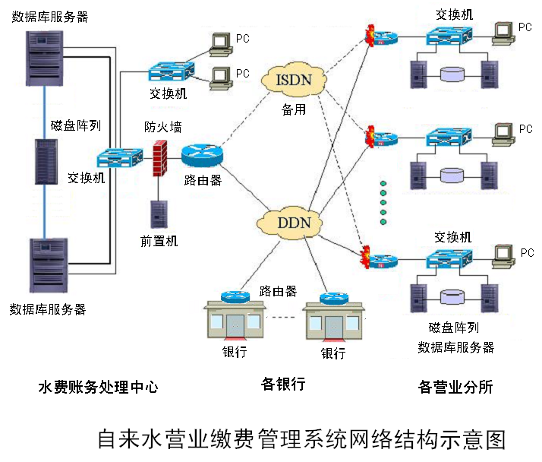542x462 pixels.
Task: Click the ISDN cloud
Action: pos(293,80)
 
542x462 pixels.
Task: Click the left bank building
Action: pos(235,320)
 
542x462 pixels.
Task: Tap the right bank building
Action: pos(332,320)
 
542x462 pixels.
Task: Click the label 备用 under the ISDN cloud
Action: pos(293,109)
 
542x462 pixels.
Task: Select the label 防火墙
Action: pos(163,126)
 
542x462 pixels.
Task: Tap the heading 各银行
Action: pos(282,384)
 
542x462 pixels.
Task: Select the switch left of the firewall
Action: pos(119,158)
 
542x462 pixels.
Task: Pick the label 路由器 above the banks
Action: pos(278,291)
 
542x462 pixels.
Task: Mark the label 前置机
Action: pos(159,241)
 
